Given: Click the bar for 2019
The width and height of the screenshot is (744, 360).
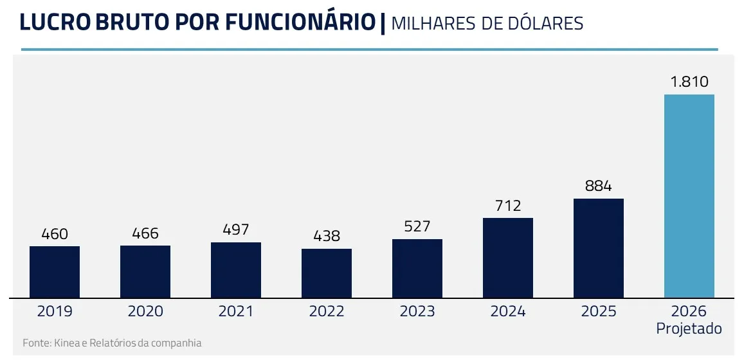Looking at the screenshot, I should (x=55, y=272).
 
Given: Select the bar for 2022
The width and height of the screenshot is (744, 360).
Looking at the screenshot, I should (x=327, y=273).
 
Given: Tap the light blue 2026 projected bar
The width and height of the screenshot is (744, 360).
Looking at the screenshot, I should (x=689, y=196).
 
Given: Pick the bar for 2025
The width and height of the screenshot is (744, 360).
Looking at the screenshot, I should (x=599, y=248).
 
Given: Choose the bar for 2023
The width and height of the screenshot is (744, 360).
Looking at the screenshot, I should (x=417, y=269).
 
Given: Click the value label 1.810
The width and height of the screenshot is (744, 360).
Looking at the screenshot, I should (x=689, y=82).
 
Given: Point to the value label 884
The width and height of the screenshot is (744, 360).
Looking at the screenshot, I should (x=599, y=186).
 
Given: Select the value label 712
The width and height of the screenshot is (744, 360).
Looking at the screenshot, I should (x=508, y=206).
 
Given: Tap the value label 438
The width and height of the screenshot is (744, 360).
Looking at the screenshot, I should (x=327, y=237).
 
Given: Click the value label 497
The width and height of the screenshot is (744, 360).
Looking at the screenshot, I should (x=236, y=230).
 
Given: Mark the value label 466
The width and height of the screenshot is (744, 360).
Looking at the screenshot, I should (x=145, y=233).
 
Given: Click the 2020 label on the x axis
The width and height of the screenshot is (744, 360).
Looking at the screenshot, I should (x=145, y=312).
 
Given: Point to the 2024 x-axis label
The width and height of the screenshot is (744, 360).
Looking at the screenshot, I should (x=508, y=312).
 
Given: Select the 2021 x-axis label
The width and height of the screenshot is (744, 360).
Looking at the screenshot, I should (x=236, y=312).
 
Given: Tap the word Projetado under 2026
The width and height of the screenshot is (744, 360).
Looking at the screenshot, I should (x=689, y=328).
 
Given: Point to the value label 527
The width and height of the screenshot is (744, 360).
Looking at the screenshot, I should (x=417, y=227).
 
